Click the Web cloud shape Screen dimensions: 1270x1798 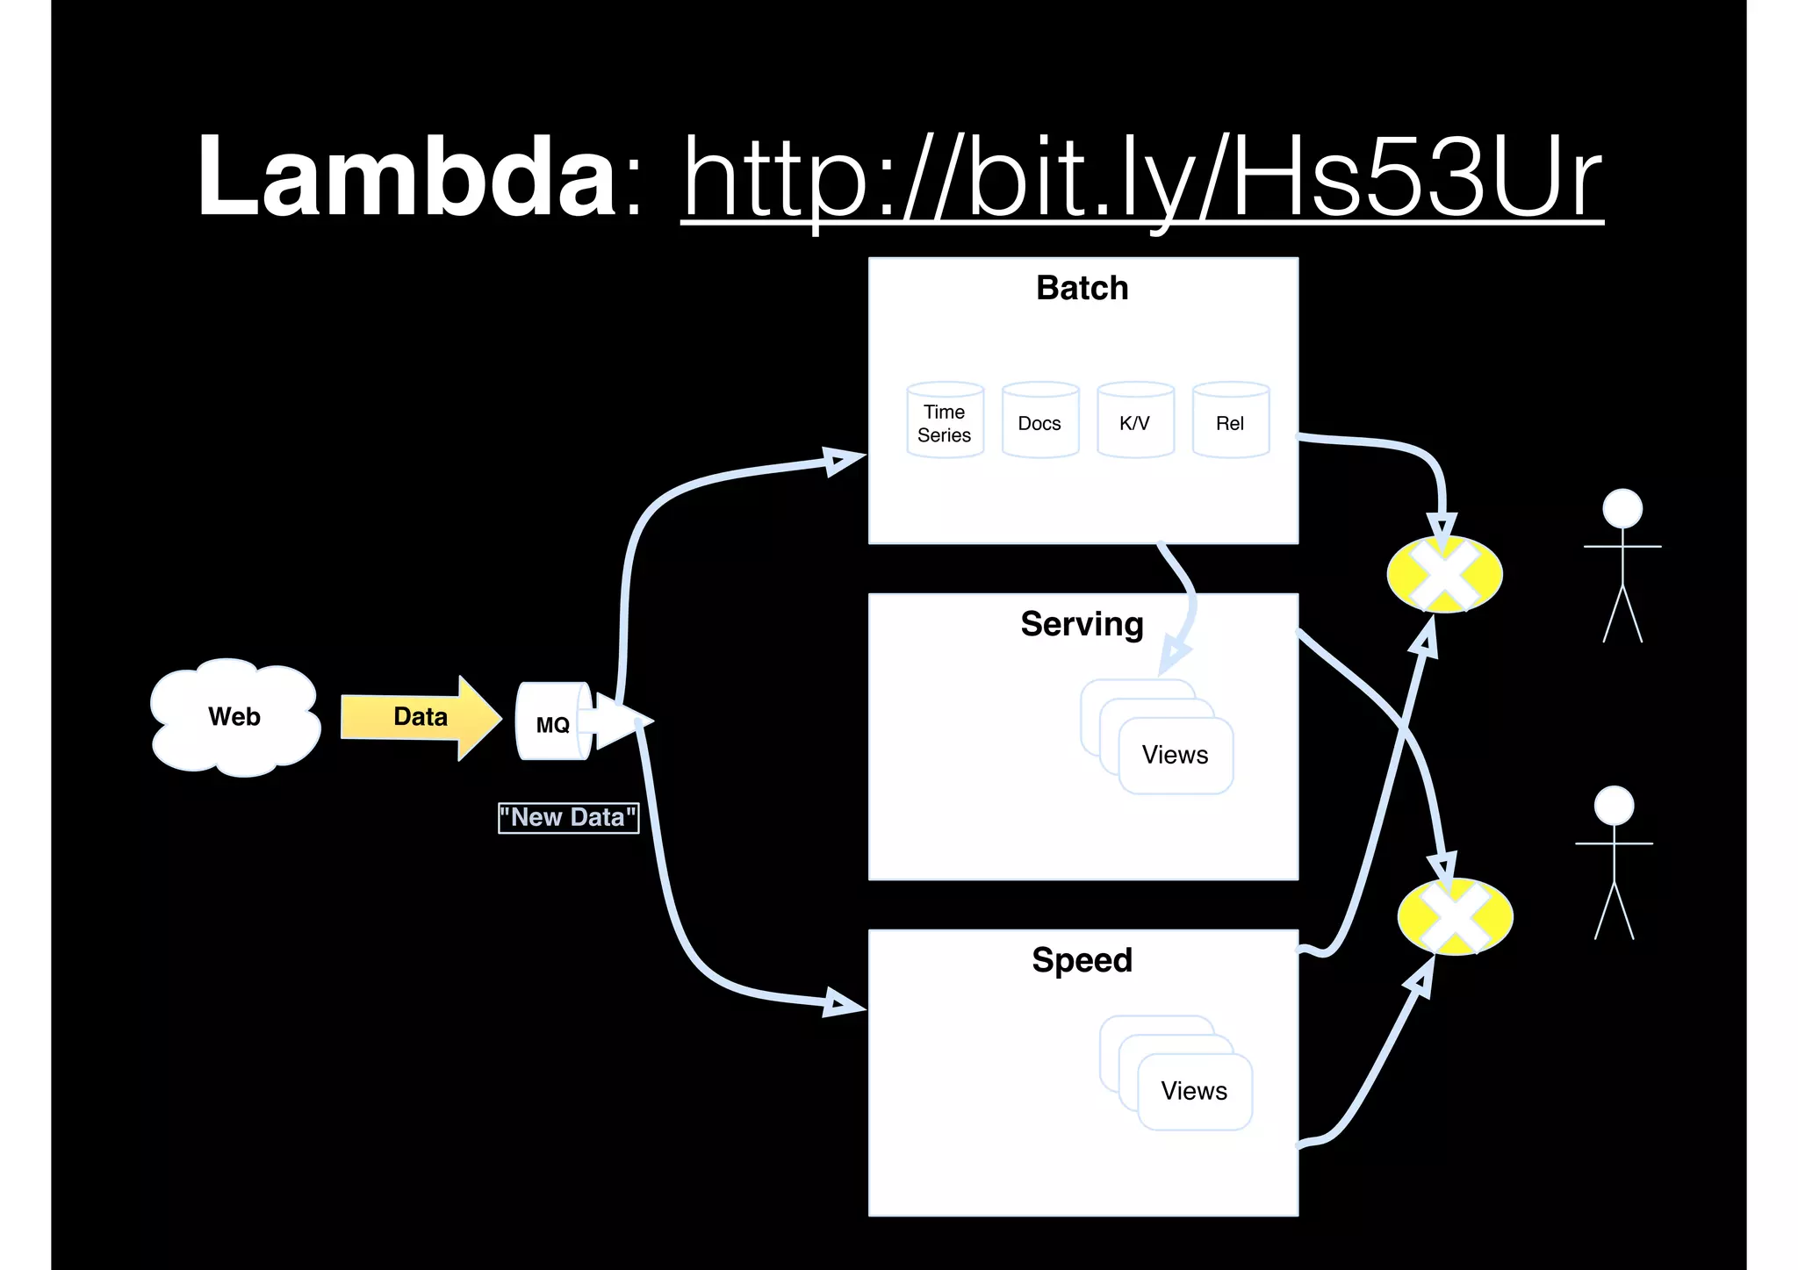click(234, 717)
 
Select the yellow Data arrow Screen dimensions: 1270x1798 click(420, 717)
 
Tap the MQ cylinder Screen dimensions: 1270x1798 click(553, 722)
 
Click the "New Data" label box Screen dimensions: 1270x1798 click(568, 818)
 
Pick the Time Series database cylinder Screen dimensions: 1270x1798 click(945, 422)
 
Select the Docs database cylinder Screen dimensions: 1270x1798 click(1039, 422)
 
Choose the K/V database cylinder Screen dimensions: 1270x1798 click(1135, 422)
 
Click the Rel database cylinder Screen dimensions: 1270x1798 click(1230, 422)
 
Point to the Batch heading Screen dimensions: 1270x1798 click(1082, 288)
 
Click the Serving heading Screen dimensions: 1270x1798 click(1082, 624)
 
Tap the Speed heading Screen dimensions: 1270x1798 click(1082, 960)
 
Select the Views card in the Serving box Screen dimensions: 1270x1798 click(1176, 755)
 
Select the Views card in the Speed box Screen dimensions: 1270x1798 click(1194, 1091)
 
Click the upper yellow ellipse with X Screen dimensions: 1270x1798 click(1444, 575)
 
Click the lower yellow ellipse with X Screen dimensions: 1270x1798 click(1455, 916)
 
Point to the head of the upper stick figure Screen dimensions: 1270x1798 click(1622, 508)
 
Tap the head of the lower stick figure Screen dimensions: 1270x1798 click(1614, 806)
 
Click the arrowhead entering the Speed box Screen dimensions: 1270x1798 click(843, 1003)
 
